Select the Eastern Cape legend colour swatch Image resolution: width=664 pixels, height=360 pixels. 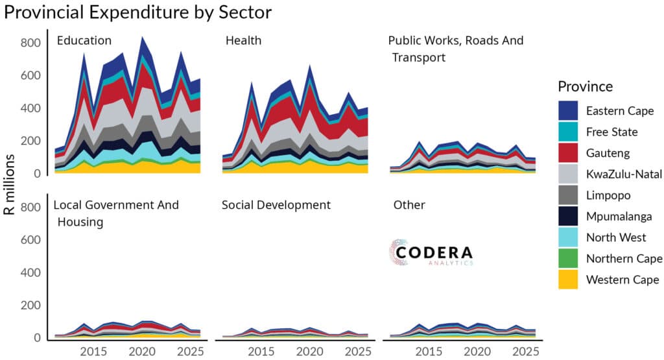pos(569,111)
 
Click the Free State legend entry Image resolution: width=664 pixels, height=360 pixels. pos(611,132)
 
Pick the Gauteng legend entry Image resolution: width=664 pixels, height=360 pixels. pos(607,153)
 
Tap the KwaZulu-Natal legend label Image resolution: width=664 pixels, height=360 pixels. pos(622,174)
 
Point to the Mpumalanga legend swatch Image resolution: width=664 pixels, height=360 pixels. pos(569,216)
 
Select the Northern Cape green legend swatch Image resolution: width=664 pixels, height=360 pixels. pos(569,258)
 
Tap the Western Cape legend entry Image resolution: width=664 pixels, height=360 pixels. pos(622,280)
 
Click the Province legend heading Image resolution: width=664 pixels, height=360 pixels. pos(585,86)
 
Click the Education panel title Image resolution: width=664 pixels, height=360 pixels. pos(84,40)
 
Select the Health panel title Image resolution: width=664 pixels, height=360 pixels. pos(243,40)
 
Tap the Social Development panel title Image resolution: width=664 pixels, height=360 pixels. pos(276,205)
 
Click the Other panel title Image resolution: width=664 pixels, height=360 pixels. pos(409,205)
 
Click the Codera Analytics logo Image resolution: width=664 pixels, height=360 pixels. pos(431,253)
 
